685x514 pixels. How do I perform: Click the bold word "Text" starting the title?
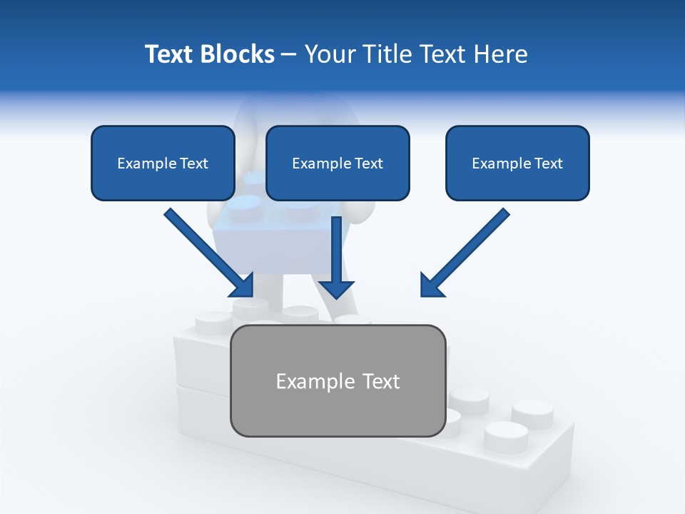169,54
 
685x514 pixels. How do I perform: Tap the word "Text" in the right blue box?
549,163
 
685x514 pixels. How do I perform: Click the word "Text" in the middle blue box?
369,163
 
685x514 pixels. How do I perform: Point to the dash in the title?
289,55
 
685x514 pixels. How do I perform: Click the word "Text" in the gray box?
381,381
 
